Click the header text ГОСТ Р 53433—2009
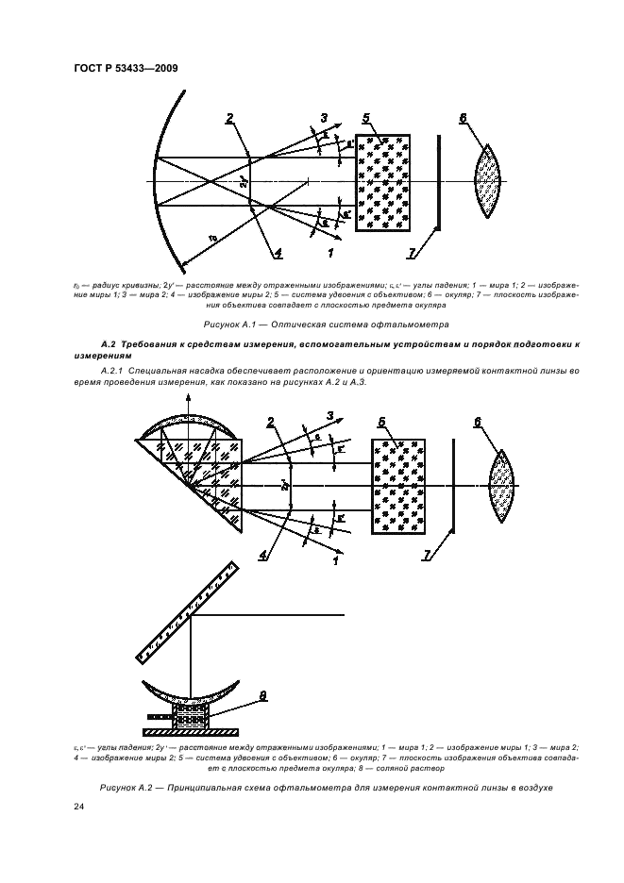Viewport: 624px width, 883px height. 126,68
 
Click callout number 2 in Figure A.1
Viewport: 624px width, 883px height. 229,118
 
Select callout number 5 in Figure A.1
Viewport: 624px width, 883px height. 364,118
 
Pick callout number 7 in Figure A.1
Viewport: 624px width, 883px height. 412,251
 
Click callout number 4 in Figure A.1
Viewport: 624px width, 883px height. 278,252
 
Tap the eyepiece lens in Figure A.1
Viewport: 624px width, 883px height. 489,182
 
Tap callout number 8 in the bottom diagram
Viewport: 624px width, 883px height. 263,696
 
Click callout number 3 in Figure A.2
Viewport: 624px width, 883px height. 331,415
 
